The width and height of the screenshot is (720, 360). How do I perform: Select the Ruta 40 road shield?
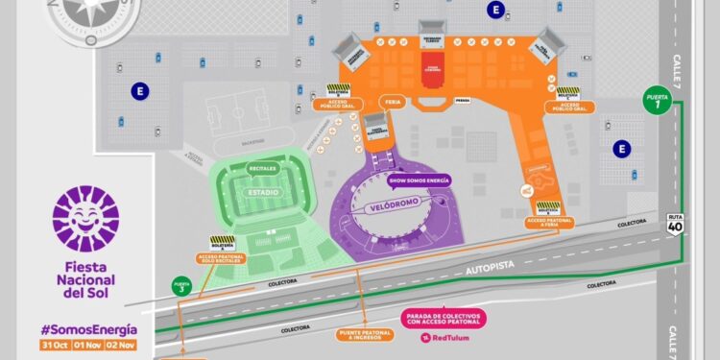(676, 224)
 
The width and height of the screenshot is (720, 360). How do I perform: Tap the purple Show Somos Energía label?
(419, 180)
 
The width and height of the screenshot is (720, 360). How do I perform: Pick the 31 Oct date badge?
(54, 344)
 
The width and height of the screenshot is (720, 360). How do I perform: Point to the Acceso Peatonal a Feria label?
(547, 222)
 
